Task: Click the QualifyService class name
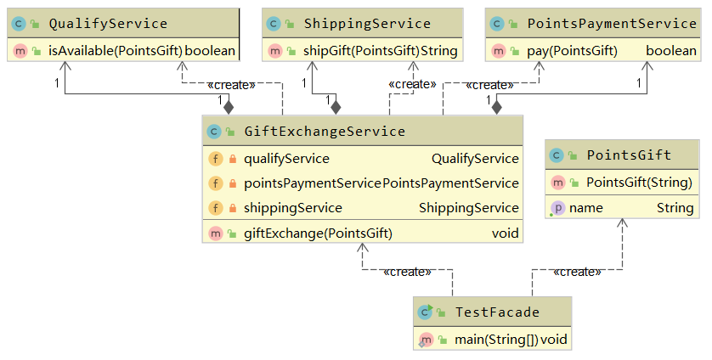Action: click(x=108, y=23)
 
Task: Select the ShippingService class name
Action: click(x=366, y=23)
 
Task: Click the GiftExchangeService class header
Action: click(x=324, y=131)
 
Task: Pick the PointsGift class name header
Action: click(x=629, y=155)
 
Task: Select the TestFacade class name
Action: click(x=497, y=312)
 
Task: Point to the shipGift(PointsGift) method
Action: click(x=361, y=51)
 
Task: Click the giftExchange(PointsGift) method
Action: click(x=318, y=233)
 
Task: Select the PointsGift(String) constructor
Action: click(x=639, y=182)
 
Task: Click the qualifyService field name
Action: click(x=286, y=158)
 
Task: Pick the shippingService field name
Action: click(x=292, y=207)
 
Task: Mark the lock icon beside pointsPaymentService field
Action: click(x=232, y=183)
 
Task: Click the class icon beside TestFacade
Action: click(x=426, y=312)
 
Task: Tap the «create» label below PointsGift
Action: click(x=577, y=272)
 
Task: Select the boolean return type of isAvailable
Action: click(x=210, y=51)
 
